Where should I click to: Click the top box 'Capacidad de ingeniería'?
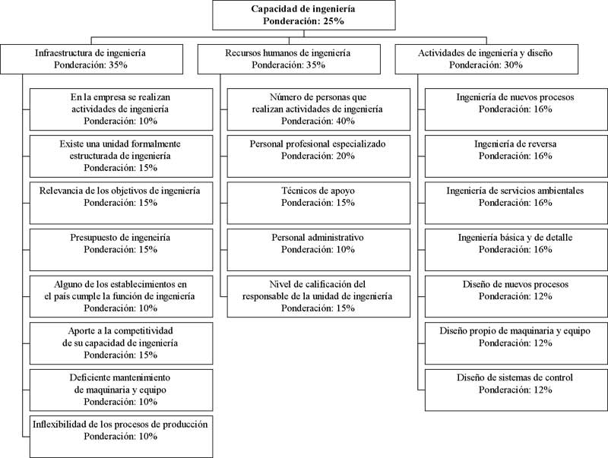point(304,15)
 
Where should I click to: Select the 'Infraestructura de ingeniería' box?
point(91,59)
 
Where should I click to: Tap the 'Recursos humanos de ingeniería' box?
point(289,59)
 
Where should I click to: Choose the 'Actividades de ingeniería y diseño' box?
point(486,59)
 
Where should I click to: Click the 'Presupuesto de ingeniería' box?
point(122,250)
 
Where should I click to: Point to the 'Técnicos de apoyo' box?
point(318,203)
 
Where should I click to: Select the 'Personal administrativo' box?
point(318,250)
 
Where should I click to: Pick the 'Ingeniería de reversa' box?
point(516,156)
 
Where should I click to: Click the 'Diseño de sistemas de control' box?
point(516,390)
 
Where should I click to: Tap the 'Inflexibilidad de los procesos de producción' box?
point(122,437)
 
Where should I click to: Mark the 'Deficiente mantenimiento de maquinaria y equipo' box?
point(122,390)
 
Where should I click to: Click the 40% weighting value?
point(345,121)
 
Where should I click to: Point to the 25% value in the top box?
point(334,21)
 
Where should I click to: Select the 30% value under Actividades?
point(513,65)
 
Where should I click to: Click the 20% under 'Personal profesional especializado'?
point(345,156)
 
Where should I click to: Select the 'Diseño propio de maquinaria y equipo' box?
point(516,343)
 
